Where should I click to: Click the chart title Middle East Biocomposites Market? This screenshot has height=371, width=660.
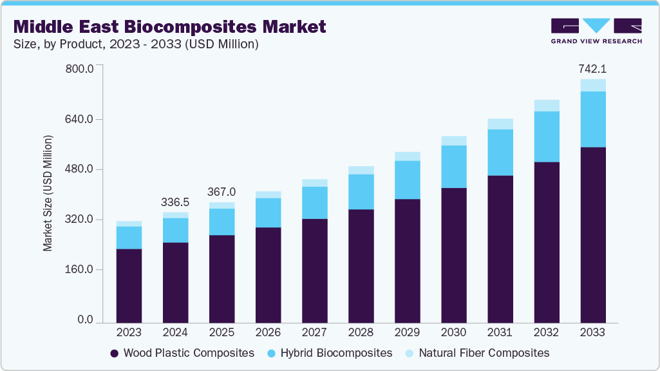pyautogui.click(x=170, y=26)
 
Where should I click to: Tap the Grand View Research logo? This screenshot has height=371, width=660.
pyautogui.click(x=596, y=30)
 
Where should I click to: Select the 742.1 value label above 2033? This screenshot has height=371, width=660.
pyautogui.click(x=592, y=68)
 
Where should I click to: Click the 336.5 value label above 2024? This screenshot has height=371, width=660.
pyautogui.click(x=175, y=202)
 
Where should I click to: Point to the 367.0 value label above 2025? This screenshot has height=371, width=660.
pyautogui.click(x=222, y=192)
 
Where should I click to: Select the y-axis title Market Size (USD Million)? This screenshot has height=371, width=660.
pyautogui.click(x=48, y=193)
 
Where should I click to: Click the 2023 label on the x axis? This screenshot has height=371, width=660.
pyautogui.click(x=129, y=332)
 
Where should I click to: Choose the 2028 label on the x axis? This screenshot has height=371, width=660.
pyautogui.click(x=361, y=332)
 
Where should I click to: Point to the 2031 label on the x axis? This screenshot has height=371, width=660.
pyautogui.click(x=500, y=332)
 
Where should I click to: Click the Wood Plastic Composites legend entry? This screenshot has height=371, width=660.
pyautogui.click(x=182, y=353)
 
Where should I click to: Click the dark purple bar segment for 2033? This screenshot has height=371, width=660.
pyautogui.click(x=592, y=235)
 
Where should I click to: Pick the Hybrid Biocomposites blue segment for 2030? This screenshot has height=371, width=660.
pyautogui.click(x=453, y=167)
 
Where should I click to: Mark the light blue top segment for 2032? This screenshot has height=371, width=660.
pyautogui.click(x=546, y=106)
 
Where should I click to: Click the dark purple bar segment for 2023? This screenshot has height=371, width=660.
pyautogui.click(x=129, y=285)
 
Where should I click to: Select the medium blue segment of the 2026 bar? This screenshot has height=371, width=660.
pyautogui.click(x=268, y=213)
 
